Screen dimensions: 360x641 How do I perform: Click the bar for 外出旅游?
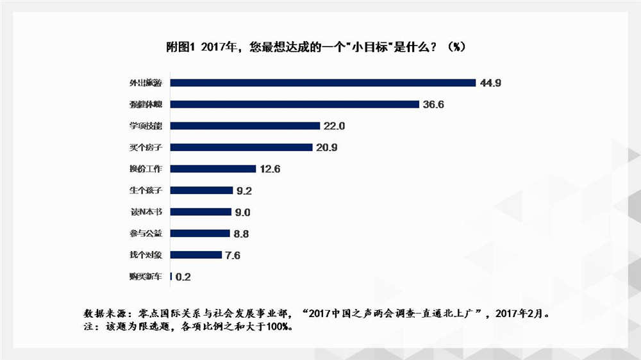(x=323, y=83)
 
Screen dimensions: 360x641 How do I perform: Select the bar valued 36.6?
(x=295, y=104)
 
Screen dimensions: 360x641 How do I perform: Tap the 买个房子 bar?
(x=242, y=147)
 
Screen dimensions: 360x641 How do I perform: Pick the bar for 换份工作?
(x=214, y=169)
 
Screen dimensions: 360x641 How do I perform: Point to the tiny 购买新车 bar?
(x=171, y=277)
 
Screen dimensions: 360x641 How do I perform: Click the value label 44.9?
(x=490, y=83)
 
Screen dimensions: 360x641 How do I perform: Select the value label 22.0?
(x=334, y=126)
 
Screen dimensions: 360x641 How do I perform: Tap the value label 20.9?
(x=326, y=147)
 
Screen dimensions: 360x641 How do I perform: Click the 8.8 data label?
(x=241, y=234)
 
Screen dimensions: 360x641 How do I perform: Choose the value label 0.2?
(x=183, y=277)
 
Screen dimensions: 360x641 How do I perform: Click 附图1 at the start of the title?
(x=179, y=47)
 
